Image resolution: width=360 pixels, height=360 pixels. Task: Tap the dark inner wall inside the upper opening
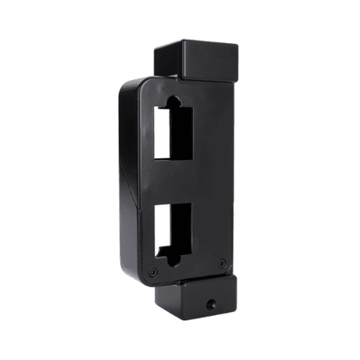[182, 132]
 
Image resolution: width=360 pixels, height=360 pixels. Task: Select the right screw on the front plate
[222, 262]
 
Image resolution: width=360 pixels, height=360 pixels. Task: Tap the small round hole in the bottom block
[210, 304]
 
